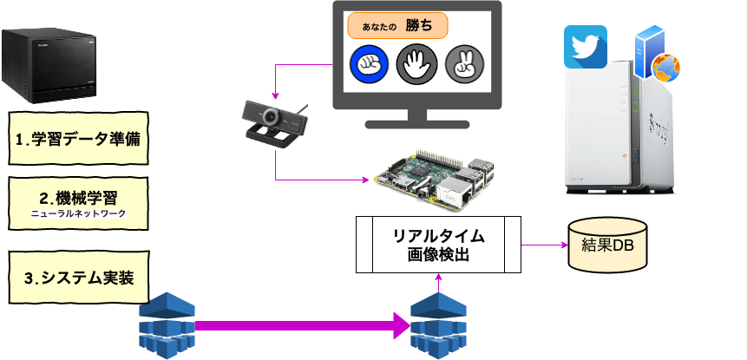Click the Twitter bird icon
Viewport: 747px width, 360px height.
[x=586, y=47]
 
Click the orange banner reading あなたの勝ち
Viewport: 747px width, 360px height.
[x=397, y=26]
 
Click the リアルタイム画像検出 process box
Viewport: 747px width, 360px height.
[x=439, y=244]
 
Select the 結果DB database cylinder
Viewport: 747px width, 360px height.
[x=606, y=244]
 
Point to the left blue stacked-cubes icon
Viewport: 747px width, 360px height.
[x=167, y=323]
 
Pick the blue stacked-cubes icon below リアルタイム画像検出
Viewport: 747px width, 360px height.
[x=439, y=324]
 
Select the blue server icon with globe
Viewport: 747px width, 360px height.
[x=653, y=53]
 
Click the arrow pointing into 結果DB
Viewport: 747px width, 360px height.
[x=545, y=245]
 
